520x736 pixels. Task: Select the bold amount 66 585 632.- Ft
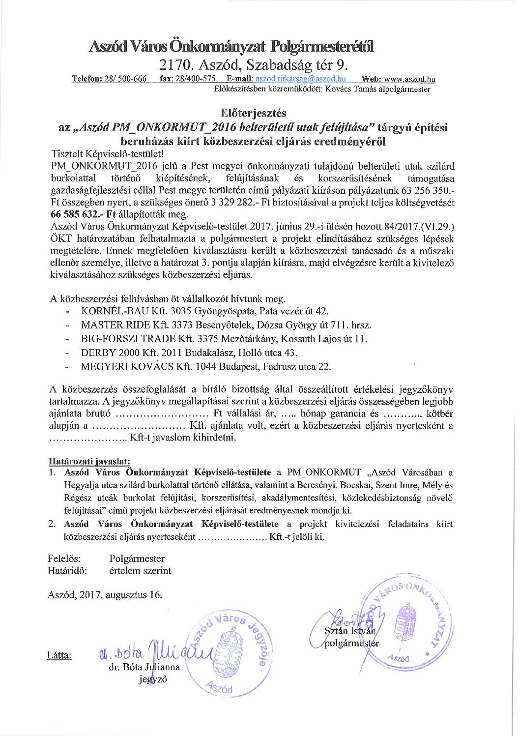point(82,214)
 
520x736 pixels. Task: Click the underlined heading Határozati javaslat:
point(89,461)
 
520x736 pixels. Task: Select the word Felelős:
point(64,559)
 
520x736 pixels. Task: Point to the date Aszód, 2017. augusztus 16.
point(105,594)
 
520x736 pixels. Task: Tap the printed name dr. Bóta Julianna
point(144,667)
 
